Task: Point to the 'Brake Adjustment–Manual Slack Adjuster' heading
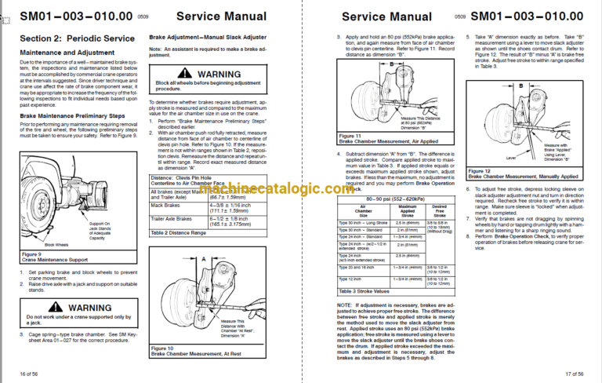(x=203, y=38)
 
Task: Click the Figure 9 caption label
(x=31, y=254)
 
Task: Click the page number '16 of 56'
(x=29, y=374)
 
